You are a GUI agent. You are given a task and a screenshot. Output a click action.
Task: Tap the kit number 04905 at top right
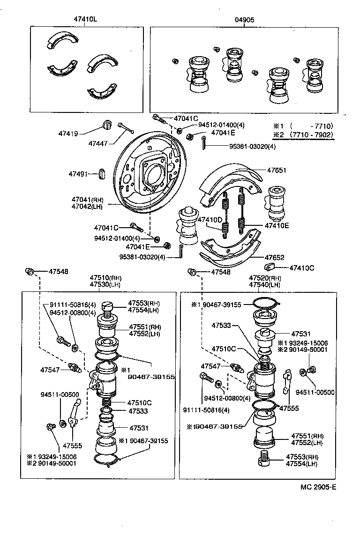(x=244, y=20)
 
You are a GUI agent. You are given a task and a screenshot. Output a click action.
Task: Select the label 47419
(x=68, y=134)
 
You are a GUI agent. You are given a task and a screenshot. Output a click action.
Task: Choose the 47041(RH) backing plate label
(x=87, y=199)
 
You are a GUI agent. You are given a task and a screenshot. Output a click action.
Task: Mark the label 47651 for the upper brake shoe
(x=277, y=171)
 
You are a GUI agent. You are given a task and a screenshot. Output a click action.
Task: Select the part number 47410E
(x=277, y=225)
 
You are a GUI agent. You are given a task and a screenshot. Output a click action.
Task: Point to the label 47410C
(x=301, y=268)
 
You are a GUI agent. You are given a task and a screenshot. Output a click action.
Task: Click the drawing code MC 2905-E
(x=318, y=487)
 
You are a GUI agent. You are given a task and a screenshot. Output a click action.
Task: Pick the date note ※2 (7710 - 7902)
(x=303, y=135)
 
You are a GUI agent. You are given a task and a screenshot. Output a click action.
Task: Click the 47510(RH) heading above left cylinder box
(x=105, y=278)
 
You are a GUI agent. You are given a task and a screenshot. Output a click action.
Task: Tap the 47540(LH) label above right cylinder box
(x=265, y=284)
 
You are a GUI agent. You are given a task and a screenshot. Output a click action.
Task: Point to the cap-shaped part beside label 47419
(x=107, y=125)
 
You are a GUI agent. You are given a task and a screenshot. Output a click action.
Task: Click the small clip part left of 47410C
(x=270, y=267)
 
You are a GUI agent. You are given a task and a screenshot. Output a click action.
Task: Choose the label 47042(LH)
(x=87, y=206)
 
